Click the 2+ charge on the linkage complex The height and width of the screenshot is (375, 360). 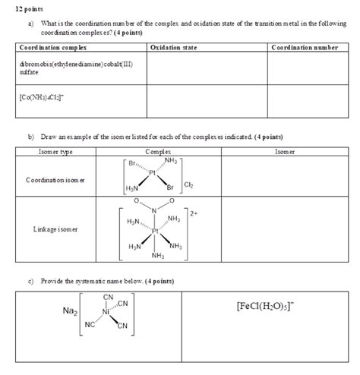click(x=194, y=214)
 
